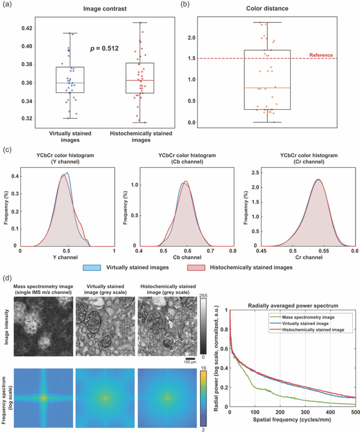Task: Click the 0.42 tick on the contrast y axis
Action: click(25, 28)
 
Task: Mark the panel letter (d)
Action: click(8, 278)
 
